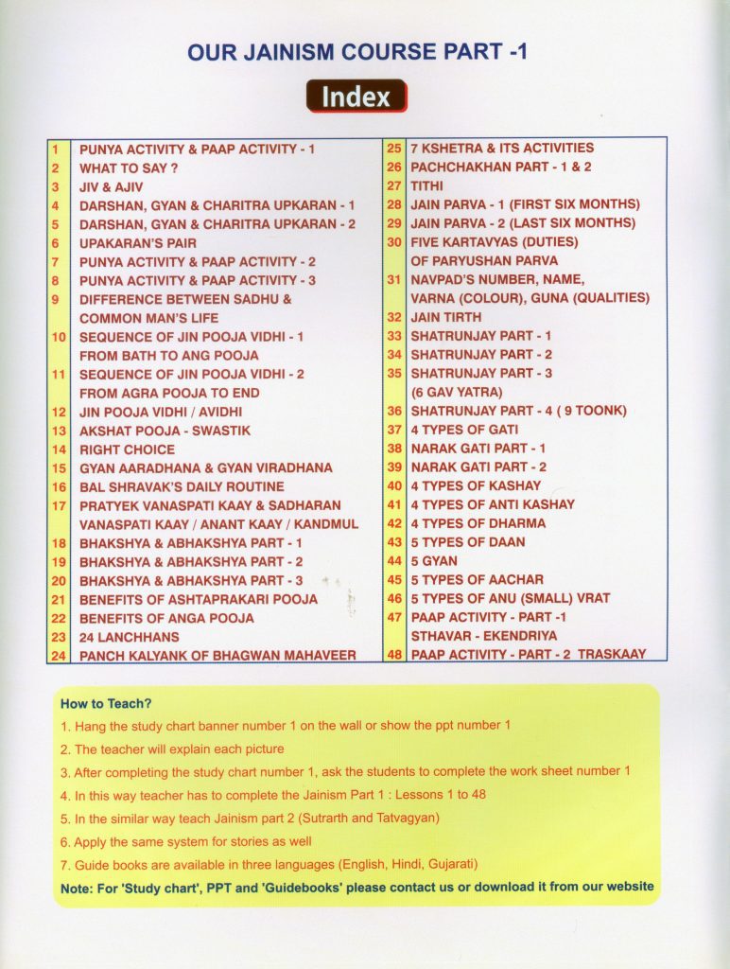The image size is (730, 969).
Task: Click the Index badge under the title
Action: [x=356, y=97]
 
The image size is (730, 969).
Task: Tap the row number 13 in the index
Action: [x=59, y=431]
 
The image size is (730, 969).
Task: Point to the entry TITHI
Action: [x=426, y=185]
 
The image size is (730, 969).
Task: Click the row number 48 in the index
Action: [x=395, y=655]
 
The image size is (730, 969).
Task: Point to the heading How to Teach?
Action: [x=106, y=704]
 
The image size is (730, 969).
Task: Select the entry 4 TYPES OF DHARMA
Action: [x=478, y=523]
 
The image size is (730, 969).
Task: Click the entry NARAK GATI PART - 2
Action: [x=478, y=467]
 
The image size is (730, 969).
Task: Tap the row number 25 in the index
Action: [x=395, y=149]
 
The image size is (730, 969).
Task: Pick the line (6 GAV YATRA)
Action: [x=456, y=392]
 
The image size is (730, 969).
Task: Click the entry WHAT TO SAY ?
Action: [x=129, y=167]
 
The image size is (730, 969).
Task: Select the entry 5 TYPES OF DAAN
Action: [x=467, y=542]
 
